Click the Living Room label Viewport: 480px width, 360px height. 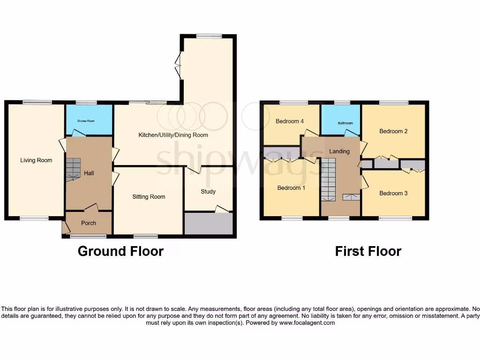[x=36, y=160]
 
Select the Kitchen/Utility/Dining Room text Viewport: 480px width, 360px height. [x=173, y=135]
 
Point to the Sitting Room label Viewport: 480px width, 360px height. [x=149, y=197]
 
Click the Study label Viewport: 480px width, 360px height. [x=208, y=191]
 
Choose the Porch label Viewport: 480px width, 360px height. [x=89, y=223]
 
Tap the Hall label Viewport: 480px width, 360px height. [x=89, y=173]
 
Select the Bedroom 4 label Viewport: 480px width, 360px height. [x=290, y=121]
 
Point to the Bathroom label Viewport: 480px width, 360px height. [x=345, y=123]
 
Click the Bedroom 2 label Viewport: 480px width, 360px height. [x=393, y=131]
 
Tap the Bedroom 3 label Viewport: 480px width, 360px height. [x=393, y=193]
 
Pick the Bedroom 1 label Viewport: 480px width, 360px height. [x=291, y=188]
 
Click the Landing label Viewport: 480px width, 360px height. [x=339, y=151]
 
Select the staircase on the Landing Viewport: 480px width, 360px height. [x=329, y=179]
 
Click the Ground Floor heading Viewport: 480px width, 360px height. [x=120, y=251]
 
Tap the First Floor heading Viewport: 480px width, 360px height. [x=368, y=251]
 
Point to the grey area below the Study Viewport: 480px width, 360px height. [x=208, y=224]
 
